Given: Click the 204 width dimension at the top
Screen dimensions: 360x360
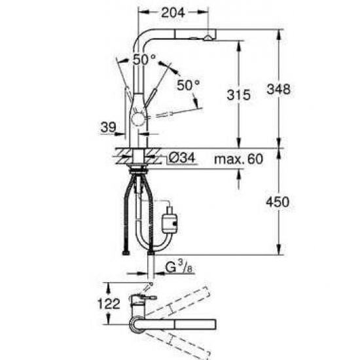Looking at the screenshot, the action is [173, 13].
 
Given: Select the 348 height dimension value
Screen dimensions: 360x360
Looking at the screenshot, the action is [278, 89].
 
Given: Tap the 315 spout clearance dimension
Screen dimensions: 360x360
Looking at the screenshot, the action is [238, 95].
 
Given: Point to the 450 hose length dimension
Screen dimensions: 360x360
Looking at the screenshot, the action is [278, 202].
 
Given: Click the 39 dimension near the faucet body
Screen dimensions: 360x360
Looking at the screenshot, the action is [109, 127].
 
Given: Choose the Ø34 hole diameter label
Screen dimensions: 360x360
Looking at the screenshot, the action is [181, 158].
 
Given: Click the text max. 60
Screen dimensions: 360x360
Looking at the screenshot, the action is [238, 159].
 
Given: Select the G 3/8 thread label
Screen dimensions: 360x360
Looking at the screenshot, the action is [179, 268].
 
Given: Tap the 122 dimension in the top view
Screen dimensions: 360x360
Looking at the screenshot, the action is [109, 304].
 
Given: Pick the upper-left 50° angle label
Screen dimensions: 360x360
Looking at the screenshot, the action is [144, 60].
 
